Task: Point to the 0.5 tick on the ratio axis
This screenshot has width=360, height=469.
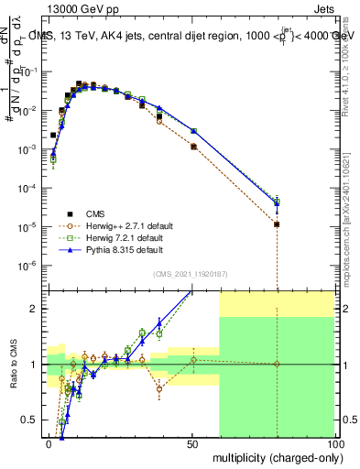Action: coord(32,420)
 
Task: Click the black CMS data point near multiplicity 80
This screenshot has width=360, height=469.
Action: coord(278,224)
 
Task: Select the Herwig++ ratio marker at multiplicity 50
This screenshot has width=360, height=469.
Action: coord(192,359)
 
